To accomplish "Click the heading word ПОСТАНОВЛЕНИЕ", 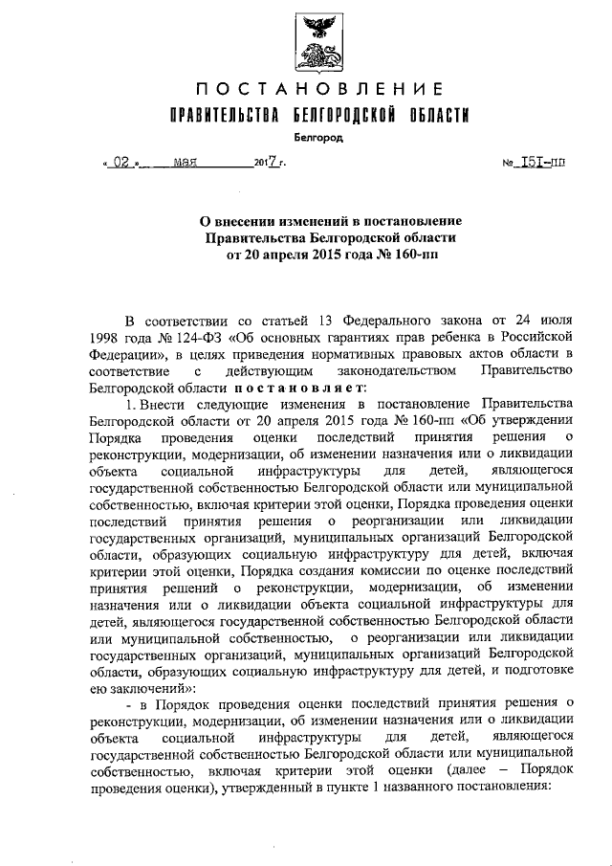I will [318, 90].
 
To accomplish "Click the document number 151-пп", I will [542, 164].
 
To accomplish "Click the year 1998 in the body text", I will [104, 337].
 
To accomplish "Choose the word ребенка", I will [454, 337].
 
